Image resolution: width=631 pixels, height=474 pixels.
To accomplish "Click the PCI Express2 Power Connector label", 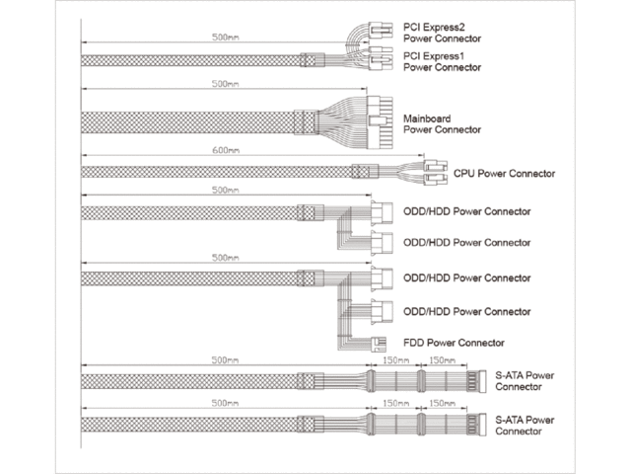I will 442,31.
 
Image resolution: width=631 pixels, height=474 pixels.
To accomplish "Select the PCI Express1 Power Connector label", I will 442,62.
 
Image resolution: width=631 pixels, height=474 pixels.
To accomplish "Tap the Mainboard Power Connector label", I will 442,123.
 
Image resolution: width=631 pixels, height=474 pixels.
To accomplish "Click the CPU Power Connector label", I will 504,174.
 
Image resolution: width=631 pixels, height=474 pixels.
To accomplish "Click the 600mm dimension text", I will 225,151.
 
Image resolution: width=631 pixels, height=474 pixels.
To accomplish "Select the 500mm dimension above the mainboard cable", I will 225,84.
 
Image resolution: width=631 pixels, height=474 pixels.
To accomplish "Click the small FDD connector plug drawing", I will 378,343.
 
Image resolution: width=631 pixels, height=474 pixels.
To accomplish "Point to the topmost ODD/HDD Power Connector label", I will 467,212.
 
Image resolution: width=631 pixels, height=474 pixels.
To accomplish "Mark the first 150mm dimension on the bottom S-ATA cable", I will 394,405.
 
